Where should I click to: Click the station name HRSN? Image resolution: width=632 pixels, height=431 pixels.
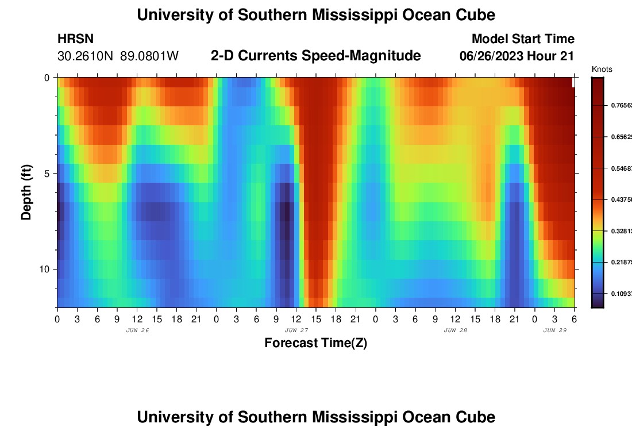(75, 39)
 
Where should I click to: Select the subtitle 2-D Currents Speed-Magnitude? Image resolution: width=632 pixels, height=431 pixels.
(315, 56)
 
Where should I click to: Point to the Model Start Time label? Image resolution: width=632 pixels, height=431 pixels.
(522, 39)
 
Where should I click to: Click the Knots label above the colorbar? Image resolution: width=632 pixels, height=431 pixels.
(602, 70)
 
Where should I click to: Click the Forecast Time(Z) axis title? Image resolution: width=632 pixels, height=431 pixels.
(315, 344)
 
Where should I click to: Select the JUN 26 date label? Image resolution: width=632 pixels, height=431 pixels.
(137, 330)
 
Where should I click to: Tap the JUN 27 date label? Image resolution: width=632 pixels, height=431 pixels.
(296, 330)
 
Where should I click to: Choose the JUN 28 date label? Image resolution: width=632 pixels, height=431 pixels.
(456, 330)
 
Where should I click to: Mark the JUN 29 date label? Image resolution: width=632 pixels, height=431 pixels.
(555, 330)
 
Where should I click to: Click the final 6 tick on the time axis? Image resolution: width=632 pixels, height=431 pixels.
(575, 318)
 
